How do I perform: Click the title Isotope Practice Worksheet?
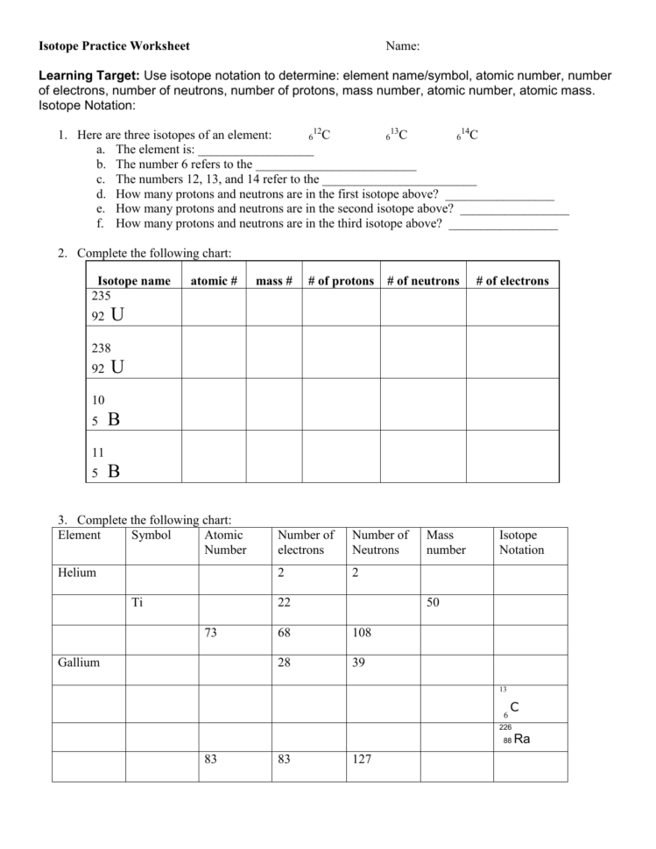(114, 46)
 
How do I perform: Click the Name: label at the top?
(402, 46)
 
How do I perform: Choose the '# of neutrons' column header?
(423, 281)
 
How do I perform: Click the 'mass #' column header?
(274, 281)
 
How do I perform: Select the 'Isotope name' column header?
(134, 281)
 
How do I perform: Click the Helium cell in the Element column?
(77, 572)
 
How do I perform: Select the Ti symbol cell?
(137, 602)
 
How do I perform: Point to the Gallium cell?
(79, 663)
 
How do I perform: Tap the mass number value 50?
(434, 602)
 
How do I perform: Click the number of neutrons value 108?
(361, 632)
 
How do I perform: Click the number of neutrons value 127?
(361, 759)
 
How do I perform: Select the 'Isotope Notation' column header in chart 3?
(521, 543)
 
